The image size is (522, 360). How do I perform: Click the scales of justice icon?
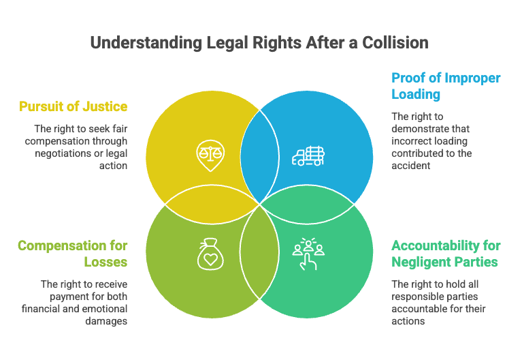[210, 155]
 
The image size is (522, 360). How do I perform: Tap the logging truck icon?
[308, 156]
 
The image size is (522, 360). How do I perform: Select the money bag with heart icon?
[210, 254]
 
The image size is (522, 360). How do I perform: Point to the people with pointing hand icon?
[308, 254]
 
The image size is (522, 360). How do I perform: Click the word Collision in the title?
[395, 43]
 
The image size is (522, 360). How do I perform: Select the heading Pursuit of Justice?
[74, 106]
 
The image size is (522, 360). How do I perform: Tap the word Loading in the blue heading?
[416, 94]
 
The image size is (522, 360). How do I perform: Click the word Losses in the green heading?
[106, 262]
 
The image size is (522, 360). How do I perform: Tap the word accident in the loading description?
[411, 166]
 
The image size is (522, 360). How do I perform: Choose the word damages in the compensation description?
[106, 322]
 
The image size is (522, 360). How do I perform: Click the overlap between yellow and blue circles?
[260, 156]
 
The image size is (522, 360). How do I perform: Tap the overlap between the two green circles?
[259, 252]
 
